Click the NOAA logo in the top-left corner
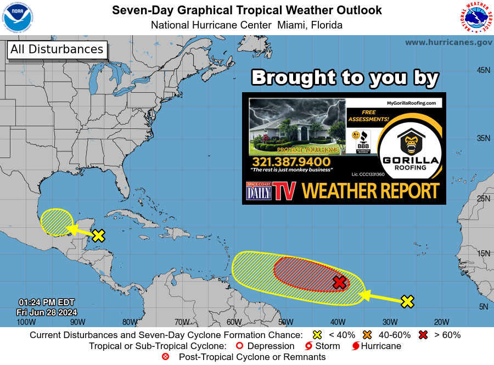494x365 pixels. tap(18, 17)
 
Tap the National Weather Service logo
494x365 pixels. tap(475, 18)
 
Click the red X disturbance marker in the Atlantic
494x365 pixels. tap(340, 283)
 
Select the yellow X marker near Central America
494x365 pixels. tap(98, 236)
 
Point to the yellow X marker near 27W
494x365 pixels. tap(407, 301)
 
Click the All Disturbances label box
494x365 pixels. tap(57, 49)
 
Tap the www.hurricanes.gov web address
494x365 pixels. tap(448, 42)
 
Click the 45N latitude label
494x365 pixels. tap(483, 70)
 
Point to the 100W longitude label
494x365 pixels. tap(23, 322)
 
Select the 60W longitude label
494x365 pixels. tap(234, 322)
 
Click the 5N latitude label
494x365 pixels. tap(483, 307)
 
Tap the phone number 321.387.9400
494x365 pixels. tap(291, 162)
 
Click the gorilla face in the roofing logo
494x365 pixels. tap(411, 144)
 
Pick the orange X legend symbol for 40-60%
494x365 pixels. tap(368, 335)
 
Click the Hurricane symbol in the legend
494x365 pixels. tap(355, 346)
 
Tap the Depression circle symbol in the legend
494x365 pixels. tap(239, 346)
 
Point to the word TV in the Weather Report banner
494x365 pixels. tap(285, 191)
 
